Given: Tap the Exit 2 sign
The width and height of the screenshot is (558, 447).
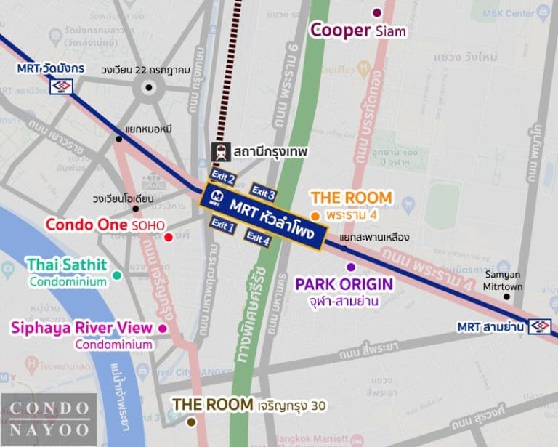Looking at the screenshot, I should [223, 177].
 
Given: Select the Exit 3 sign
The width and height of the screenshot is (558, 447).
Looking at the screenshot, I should [263, 192].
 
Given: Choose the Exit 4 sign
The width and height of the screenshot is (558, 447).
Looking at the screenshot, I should [258, 238].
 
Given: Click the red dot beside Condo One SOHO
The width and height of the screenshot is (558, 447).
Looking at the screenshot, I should [169, 237].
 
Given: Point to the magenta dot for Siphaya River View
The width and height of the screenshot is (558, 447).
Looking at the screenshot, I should [162, 329].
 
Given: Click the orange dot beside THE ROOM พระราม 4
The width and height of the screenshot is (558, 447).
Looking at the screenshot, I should [315, 216].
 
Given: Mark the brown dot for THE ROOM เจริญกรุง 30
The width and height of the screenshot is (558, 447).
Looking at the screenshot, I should [191, 421].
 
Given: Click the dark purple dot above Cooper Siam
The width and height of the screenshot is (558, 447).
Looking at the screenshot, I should [376, 12].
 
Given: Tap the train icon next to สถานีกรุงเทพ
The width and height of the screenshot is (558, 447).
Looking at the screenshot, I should [220, 152].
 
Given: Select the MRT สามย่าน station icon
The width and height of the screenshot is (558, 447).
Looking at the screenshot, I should [540, 326].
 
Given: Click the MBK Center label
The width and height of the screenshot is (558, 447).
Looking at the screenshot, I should [512, 13].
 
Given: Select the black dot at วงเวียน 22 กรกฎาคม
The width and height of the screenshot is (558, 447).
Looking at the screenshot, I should [149, 88].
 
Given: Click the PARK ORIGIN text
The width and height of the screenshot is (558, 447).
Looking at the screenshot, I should [344, 283].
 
